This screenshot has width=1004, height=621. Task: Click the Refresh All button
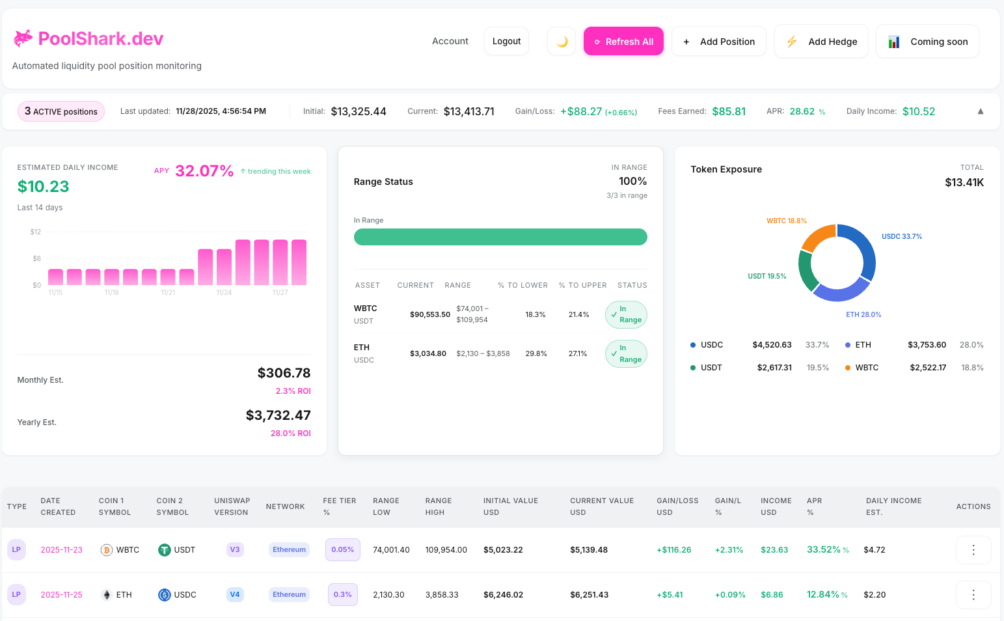[623, 42]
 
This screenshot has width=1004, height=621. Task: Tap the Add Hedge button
[821, 42]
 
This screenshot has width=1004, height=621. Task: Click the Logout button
[506, 42]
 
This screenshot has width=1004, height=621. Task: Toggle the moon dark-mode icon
[562, 42]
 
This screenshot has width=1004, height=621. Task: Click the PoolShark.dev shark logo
[23, 39]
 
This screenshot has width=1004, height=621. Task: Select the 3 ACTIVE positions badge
[61, 111]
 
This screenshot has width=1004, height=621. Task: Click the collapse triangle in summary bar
[980, 111]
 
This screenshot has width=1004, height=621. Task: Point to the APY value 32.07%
[204, 171]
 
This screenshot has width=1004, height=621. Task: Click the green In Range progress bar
[500, 237]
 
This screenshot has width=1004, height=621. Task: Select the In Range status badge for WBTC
[625, 314]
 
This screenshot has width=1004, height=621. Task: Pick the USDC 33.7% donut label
[901, 236]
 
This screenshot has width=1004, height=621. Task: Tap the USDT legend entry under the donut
[711, 368]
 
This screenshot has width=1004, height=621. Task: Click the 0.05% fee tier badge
[342, 550]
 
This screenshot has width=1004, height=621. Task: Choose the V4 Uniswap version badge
[235, 595]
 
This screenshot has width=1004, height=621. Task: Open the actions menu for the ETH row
[973, 595]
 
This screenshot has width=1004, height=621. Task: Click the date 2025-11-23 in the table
[62, 550]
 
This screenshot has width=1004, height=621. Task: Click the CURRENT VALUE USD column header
[601, 506]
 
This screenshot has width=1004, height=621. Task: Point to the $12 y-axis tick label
[36, 232]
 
